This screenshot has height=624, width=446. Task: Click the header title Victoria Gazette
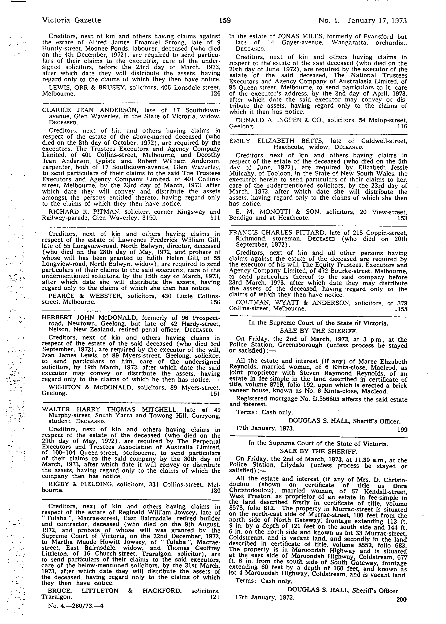click(72, 21)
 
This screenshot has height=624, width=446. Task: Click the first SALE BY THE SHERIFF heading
click(318, 331)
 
